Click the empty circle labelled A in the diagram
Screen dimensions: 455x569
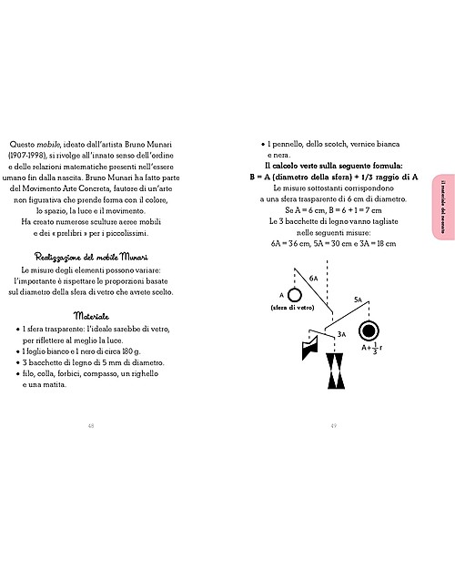pos(283,295)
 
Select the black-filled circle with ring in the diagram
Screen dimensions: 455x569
pos(371,330)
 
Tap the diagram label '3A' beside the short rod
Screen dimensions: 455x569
pos(341,334)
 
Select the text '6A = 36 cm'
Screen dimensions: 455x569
pos(292,244)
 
